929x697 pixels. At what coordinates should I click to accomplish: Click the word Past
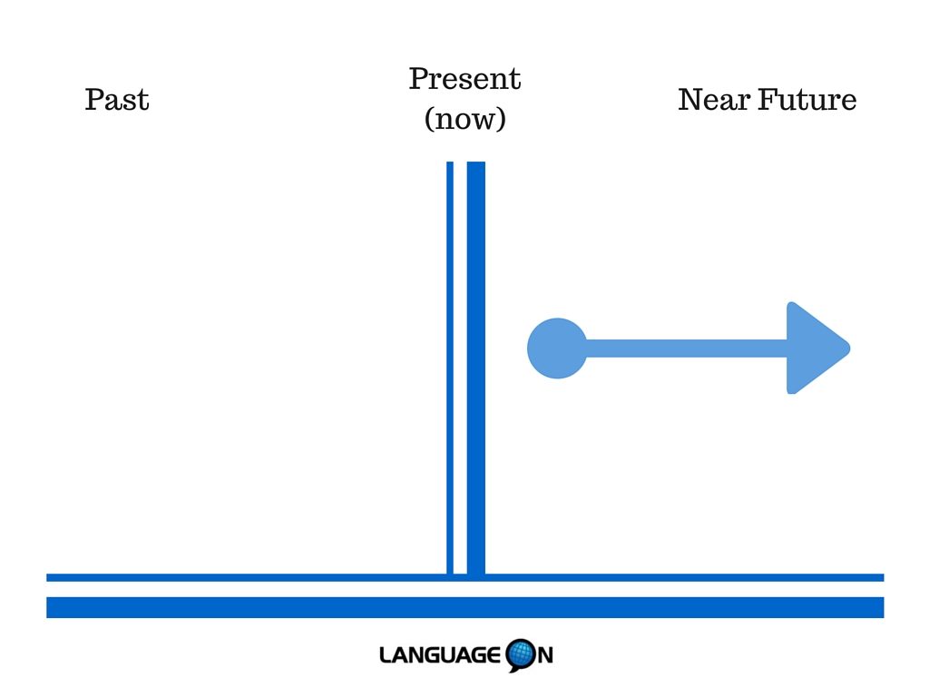[117, 99]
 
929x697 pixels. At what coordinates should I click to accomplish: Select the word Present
[464, 79]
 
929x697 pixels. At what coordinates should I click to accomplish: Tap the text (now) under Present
[465, 119]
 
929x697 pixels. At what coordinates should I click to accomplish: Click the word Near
[714, 99]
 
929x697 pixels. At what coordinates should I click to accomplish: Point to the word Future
[807, 99]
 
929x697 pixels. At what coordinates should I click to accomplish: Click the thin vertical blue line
[450, 368]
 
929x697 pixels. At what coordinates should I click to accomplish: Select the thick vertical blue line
[475, 368]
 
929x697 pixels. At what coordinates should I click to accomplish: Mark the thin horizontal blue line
[465, 577]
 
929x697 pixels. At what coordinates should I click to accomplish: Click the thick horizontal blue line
[465, 607]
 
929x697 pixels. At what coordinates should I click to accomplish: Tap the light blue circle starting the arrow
[557, 348]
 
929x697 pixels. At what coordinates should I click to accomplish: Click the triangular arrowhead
[817, 348]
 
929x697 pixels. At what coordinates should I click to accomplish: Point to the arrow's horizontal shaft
[687, 348]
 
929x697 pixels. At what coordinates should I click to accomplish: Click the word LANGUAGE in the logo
[440, 655]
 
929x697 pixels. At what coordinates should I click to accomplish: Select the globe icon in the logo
[521, 655]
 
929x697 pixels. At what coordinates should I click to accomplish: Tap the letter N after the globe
[545, 655]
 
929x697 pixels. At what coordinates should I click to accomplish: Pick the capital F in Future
[768, 99]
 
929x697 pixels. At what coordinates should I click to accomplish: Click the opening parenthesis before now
[429, 119]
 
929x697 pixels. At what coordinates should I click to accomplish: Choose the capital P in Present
[419, 79]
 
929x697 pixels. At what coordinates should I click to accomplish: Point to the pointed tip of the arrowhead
[850, 348]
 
